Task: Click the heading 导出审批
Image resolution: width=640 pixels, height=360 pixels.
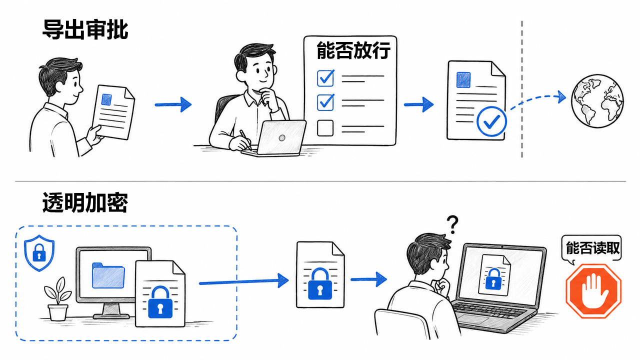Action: point(85,29)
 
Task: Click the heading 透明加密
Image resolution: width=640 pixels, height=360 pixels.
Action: point(85,202)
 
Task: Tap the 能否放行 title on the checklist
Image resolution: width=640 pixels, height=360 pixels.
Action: point(353,50)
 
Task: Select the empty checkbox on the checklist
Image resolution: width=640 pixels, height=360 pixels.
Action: point(325,127)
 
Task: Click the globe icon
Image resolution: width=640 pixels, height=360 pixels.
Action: point(597,101)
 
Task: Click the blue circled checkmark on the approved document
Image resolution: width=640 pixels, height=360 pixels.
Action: point(491,121)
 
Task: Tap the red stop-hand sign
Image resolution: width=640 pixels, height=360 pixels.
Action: point(593,291)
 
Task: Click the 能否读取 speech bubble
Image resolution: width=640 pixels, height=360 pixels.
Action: point(591,248)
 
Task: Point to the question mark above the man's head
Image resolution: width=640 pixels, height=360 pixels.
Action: point(452,224)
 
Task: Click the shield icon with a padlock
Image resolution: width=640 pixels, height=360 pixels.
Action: point(39,253)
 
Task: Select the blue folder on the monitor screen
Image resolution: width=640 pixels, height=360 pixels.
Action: point(108,275)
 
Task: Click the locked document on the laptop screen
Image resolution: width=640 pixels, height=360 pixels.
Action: point(495,275)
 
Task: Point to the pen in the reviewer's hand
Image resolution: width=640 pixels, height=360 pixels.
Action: point(245,140)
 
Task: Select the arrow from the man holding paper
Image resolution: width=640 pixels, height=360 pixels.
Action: point(173,104)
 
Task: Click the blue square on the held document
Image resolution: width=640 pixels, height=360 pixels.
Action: point(106,99)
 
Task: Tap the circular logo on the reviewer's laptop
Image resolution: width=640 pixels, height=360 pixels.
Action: point(281,138)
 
